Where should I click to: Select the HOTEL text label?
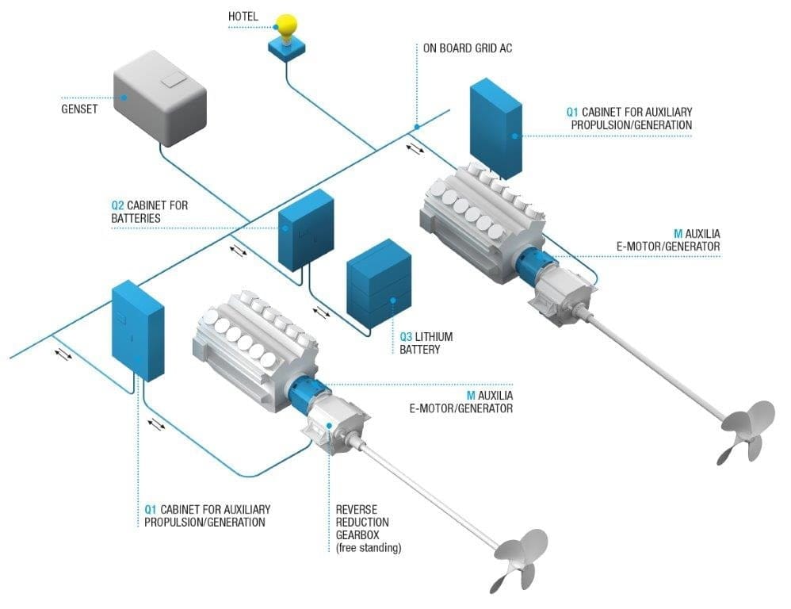243,17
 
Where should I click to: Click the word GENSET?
79,109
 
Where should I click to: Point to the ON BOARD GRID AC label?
468,48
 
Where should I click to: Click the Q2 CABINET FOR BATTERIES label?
150,212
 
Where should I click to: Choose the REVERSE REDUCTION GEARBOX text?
362,522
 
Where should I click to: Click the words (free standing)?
369,548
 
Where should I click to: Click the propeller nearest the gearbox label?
519,553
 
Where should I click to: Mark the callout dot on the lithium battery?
392,301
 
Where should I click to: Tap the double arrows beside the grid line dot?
415,148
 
